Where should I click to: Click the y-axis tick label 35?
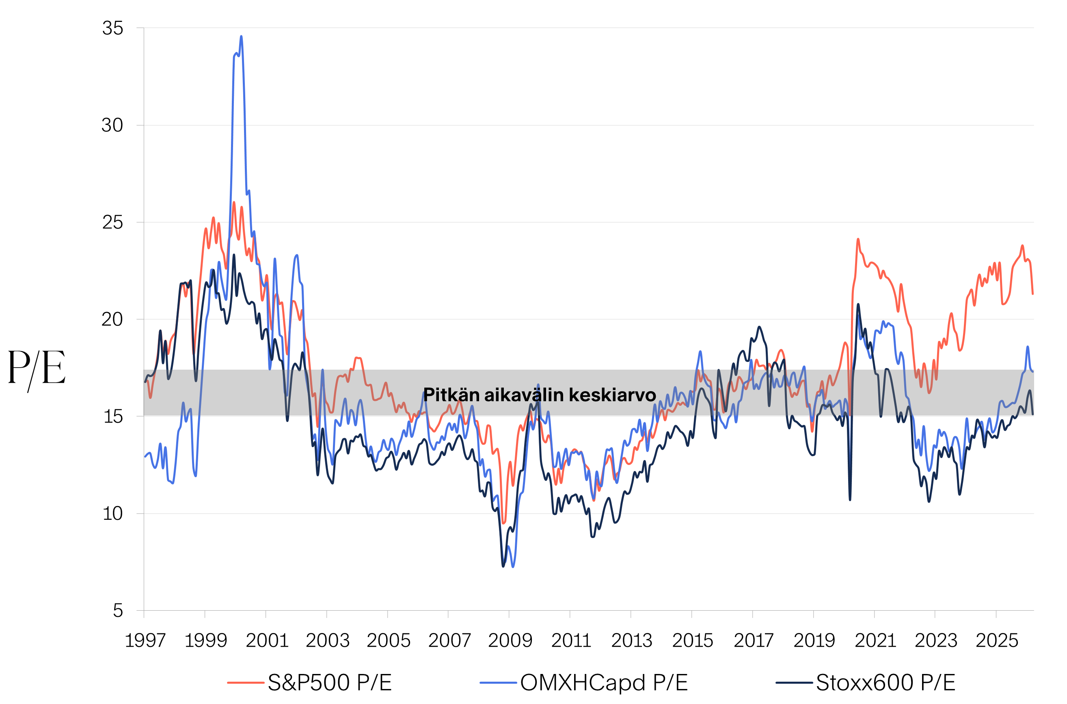click(x=112, y=28)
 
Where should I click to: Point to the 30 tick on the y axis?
click(x=112, y=125)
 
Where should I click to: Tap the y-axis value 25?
click(x=112, y=222)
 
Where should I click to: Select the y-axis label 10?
click(x=112, y=513)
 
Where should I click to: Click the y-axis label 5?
click(x=118, y=611)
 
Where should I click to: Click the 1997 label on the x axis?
click(x=145, y=641)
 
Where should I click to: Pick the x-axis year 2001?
click(x=267, y=641)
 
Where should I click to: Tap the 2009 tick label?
click(x=510, y=641)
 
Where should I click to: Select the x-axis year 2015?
click(x=692, y=641)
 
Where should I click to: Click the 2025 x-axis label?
click(x=996, y=641)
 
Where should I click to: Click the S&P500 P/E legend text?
click(x=329, y=683)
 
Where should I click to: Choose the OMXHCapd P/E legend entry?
click(x=604, y=683)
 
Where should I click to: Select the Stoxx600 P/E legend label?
click(x=885, y=683)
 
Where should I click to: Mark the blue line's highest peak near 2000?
click(x=241, y=37)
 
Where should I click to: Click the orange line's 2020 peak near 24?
click(x=857, y=239)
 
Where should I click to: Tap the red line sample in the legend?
click(x=245, y=683)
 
